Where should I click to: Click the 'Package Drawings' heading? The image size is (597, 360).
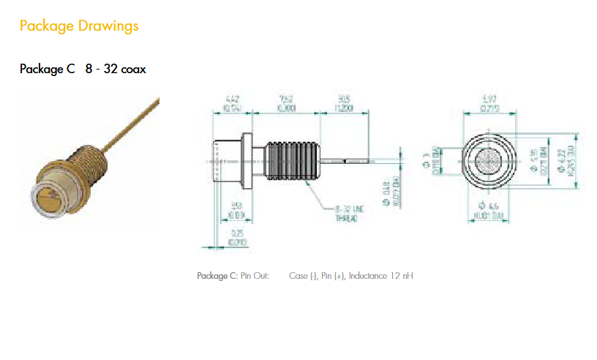pos(79,26)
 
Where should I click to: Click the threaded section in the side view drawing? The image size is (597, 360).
pos(292,160)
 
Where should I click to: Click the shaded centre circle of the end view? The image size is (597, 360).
pos(490,160)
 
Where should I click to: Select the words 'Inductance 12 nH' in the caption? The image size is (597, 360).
pos(382,276)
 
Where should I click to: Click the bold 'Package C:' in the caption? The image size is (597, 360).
pos(217,276)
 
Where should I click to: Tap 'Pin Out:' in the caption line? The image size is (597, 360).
pos(255,276)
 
